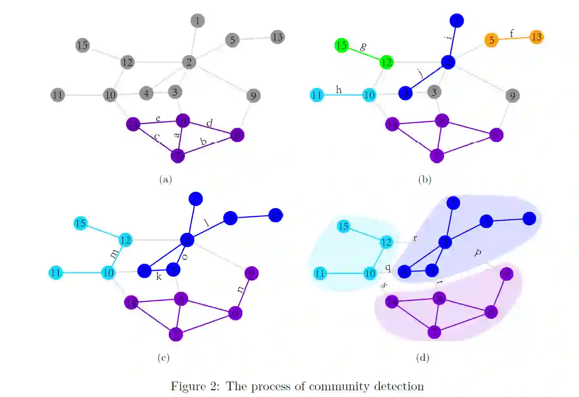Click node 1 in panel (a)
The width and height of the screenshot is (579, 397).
197,21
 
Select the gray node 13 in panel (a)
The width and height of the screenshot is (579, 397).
276,37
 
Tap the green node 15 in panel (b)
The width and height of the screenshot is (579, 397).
342,46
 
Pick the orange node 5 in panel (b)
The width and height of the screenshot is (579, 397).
491,40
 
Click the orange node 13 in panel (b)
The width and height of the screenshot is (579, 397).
537,37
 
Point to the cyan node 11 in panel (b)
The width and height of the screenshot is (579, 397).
317,95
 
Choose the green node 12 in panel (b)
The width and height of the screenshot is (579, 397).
386,62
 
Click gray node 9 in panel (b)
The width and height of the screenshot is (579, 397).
512,96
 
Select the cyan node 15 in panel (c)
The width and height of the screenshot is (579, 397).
81,224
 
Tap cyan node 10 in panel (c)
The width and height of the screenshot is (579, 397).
108,273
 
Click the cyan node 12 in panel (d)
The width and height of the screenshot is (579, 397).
386,241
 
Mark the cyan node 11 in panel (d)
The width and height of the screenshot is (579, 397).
319,274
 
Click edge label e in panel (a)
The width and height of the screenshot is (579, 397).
158,118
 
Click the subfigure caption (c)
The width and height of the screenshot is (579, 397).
163,358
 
